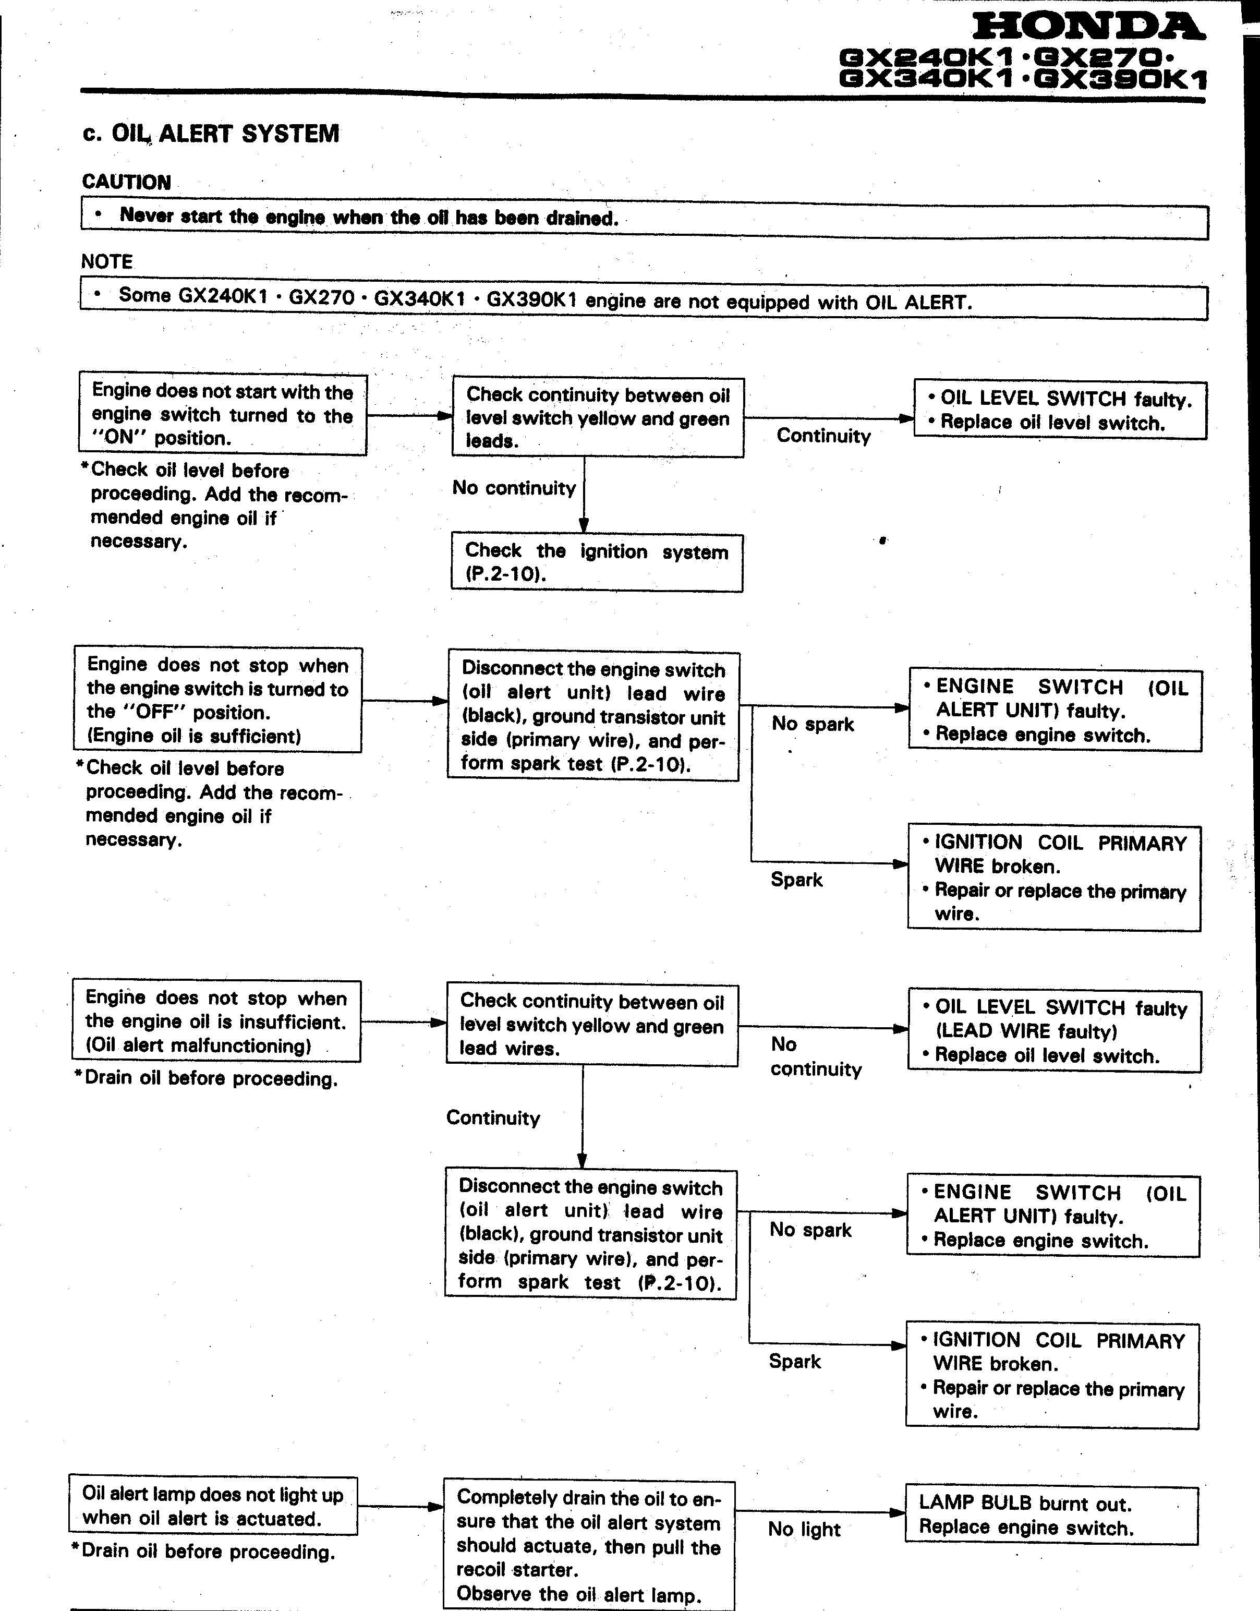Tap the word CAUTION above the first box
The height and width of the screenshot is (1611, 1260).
(126, 182)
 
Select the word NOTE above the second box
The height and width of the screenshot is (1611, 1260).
(107, 261)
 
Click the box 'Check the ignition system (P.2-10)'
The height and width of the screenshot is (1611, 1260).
(597, 562)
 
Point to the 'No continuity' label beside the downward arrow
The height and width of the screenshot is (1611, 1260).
(514, 488)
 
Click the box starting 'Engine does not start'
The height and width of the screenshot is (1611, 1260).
(222, 414)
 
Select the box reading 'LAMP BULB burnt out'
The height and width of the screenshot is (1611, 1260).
(1051, 1515)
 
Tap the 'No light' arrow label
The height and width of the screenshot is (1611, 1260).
(804, 1529)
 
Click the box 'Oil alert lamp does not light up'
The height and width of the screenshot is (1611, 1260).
(213, 1506)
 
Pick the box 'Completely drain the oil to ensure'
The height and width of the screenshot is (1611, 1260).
(589, 1545)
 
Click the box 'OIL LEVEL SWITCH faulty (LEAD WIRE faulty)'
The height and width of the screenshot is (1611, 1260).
(1054, 1031)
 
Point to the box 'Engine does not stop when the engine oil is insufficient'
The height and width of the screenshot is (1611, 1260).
(216, 1021)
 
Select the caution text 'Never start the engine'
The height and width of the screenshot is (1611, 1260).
(369, 217)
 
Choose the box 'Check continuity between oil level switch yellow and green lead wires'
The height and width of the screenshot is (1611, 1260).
(591, 1025)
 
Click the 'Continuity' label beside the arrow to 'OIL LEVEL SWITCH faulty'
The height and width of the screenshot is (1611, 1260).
(823, 436)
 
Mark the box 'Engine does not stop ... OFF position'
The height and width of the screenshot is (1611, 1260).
(217, 700)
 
